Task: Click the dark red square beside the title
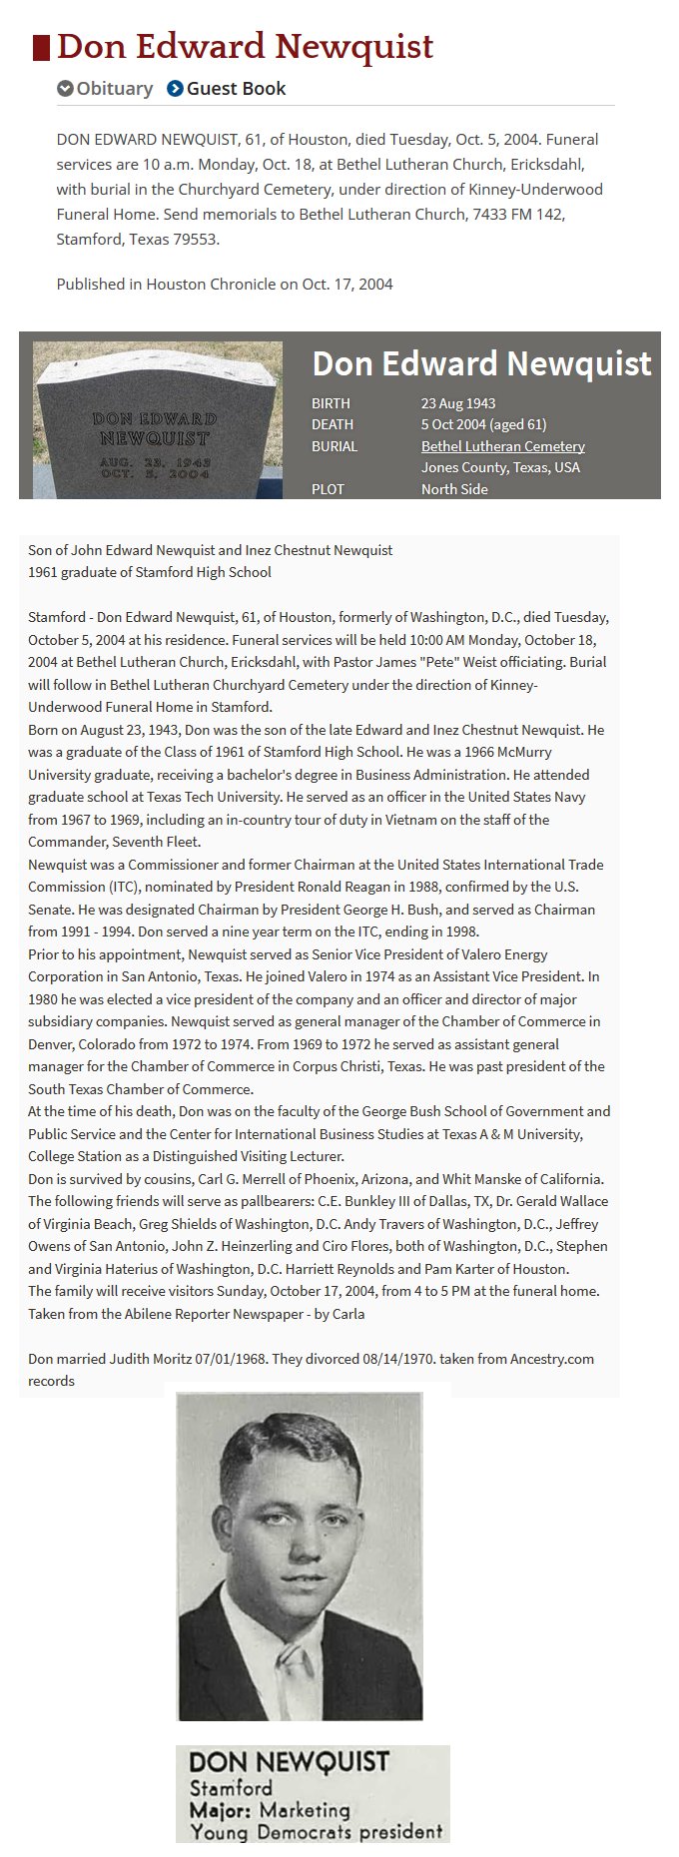[x=41, y=47]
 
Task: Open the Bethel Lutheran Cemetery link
[x=502, y=446]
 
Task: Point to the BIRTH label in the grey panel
[x=331, y=403]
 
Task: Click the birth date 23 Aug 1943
[x=458, y=403]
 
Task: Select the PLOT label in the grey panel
[x=328, y=489]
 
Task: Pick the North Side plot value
[x=454, y=489]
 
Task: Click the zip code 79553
[x=196, y=240]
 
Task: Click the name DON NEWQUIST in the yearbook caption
[x=289, y=1761]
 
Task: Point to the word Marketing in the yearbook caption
[x=305, y=1810]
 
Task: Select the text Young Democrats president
[x=316, y=1832]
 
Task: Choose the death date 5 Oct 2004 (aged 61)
[x=483, y=424]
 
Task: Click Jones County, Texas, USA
[x=500, y=467]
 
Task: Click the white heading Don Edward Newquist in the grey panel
[x=481, y=363]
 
